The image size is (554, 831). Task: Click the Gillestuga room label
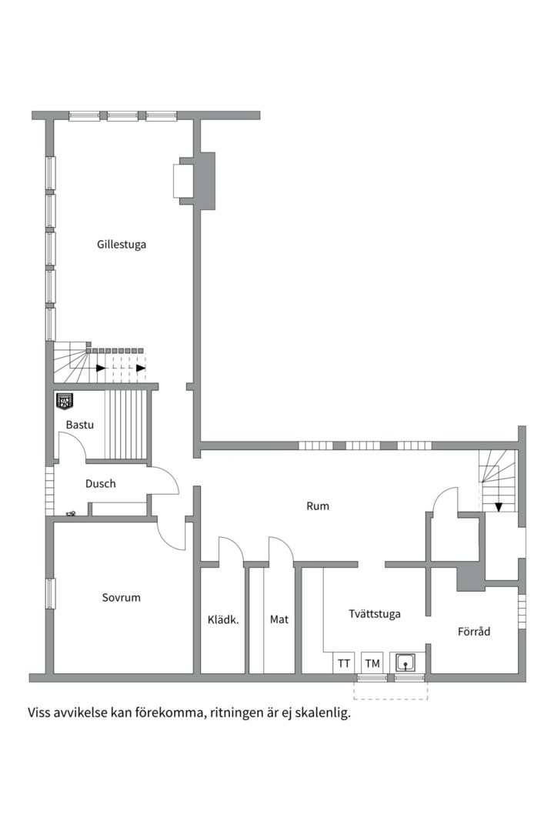(122, 245)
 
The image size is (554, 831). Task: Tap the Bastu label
(79, 425)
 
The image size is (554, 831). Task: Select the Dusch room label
(100, 483)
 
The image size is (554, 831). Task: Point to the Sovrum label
(121, 597)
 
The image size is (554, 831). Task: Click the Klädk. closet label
(223, 619)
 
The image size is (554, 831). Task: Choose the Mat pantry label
(279, 619)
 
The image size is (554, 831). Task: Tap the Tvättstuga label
(374, 614)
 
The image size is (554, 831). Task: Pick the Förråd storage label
(473, 631)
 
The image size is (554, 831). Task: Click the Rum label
(318, 506)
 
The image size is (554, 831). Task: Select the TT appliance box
(343, 663)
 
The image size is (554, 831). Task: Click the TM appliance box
(372, 663)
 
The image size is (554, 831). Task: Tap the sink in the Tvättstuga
(405, 662)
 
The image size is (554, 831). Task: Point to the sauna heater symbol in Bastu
(65, 401)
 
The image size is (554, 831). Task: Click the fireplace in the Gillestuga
(183, 181)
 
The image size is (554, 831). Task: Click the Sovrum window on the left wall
(50, 593)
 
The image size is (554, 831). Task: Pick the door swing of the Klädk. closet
(231, 548)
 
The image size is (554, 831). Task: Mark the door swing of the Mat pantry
(281, 548)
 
